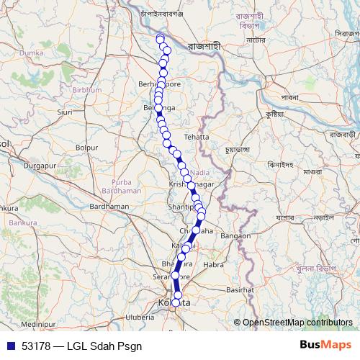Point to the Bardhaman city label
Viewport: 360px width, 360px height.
(109, 206)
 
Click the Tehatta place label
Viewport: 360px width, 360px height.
(196, 136)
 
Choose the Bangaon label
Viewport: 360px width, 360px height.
(235, 235)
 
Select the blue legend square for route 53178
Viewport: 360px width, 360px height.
(11, 345)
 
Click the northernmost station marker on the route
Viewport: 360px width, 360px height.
(160, 38)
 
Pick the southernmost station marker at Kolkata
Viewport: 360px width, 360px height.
(176, 302)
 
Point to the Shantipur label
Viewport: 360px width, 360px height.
(180, 207)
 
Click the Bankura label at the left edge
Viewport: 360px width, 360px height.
(8, 209)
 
